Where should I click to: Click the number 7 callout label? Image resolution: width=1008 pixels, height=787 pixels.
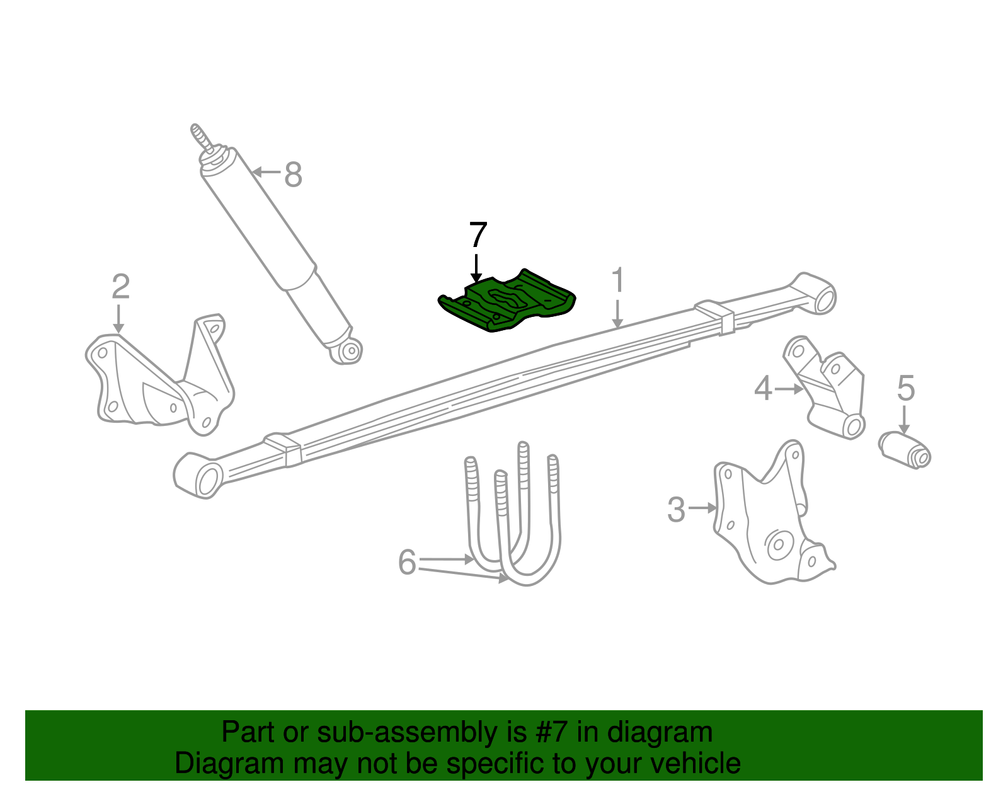tap(478, 235)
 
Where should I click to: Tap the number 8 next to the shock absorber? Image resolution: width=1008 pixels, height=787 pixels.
tap(293, 175)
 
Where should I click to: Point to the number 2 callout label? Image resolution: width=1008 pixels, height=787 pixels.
tap(120, 287)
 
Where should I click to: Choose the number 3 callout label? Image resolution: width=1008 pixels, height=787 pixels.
tap(676, 509)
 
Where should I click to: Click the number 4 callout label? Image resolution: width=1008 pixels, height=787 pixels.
tap(763, 389)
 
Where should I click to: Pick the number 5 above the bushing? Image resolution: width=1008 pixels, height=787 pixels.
tap(905, 388)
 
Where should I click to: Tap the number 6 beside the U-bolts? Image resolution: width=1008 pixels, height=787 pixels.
tap(407, 561)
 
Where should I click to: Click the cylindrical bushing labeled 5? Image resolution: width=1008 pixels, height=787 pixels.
tap(905, 449)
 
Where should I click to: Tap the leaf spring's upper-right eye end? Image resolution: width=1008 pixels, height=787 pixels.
tap(818, 294)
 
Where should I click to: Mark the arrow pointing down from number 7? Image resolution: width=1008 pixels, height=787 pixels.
tap(477, 268)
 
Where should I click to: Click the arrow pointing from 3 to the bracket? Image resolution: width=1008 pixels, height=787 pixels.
tap(702, 507)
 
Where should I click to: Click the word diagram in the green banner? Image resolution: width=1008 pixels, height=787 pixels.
tap(660, 733)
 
